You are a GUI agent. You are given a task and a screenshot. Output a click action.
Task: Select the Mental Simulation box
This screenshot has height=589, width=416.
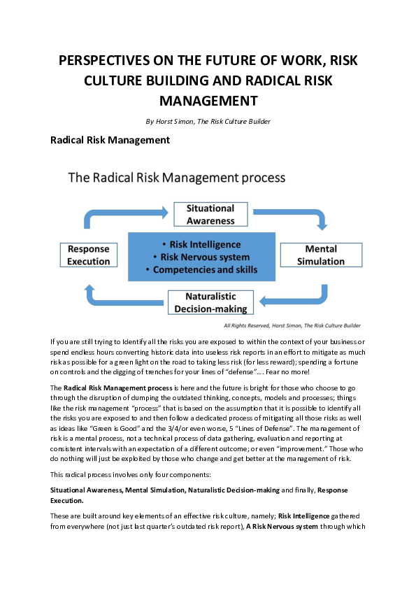pyautogui.click(x=321, y=255)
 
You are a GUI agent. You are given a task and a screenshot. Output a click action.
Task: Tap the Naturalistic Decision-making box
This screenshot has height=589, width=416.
pyautogui.click(x=211, y=303)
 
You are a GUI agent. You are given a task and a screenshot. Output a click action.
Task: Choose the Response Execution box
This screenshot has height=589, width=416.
pyautogui.click(x=89, y=255)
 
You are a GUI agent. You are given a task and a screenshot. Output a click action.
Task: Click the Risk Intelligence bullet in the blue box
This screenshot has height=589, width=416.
pyautogui.click(x=206, y=244)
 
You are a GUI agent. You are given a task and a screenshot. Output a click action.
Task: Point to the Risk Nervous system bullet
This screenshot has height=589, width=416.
pyautogui.click(x=206, y=257)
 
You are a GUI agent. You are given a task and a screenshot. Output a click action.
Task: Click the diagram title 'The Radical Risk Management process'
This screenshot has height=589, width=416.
pyautogui.click(x=176, y=177)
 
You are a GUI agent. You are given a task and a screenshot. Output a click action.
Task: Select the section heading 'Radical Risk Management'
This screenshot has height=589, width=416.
pyautogui.click(x=110, y=140)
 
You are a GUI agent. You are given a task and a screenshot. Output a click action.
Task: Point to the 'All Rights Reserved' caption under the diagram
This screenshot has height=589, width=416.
pyautogui.click(x=292, y=325)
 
